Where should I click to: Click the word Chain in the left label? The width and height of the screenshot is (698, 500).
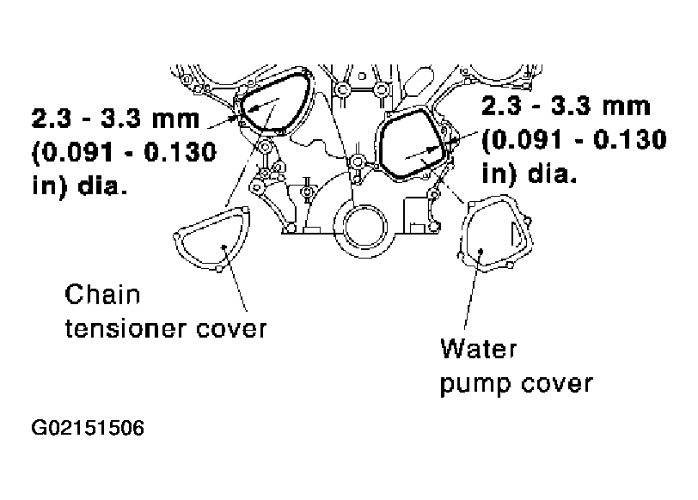[102, 295]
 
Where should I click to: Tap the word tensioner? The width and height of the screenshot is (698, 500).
[125, 329]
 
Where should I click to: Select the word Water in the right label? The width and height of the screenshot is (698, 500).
[479, 348]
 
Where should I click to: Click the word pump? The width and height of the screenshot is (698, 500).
[475, 384]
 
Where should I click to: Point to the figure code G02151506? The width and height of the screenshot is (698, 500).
[88, 428]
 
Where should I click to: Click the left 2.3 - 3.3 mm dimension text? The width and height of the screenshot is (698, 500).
[116, 119]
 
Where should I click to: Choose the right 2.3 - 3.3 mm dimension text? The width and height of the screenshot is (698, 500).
[566, 107]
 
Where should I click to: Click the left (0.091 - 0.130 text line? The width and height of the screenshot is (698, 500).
[124, 153]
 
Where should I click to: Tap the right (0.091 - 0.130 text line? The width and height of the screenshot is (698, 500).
[574, 140]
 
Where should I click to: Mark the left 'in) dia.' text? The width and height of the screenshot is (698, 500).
[79, 186]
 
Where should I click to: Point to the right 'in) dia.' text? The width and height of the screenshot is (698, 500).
[530, 173]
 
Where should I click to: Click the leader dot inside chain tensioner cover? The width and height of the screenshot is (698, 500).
[223, 247]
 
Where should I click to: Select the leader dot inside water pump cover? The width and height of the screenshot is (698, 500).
[481, 252]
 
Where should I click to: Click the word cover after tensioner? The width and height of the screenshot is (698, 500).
[231, 330]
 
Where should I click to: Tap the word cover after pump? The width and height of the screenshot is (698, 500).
[557, 384]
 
